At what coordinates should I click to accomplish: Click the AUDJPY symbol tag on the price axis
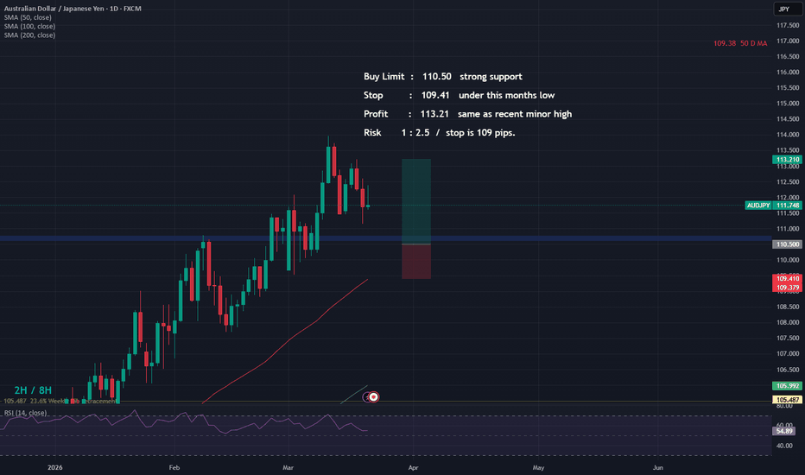coord(758,205)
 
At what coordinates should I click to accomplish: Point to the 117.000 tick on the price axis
coord(786,41)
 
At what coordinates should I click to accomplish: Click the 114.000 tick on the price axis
coord(786,135)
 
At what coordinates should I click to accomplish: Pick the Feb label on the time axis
coord(174,467)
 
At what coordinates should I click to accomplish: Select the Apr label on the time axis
coord(413,467)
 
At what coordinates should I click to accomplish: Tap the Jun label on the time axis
coord(658,467)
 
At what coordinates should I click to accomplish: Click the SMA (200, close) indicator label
coord(29,35)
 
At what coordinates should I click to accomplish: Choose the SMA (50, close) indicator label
coord(28,17)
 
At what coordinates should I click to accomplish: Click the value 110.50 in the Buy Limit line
coord(436,77)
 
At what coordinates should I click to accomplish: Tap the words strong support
coord(491,77)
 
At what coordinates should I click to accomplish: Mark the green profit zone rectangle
coord(415,201)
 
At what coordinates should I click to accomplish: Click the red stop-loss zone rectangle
coord(415,261)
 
